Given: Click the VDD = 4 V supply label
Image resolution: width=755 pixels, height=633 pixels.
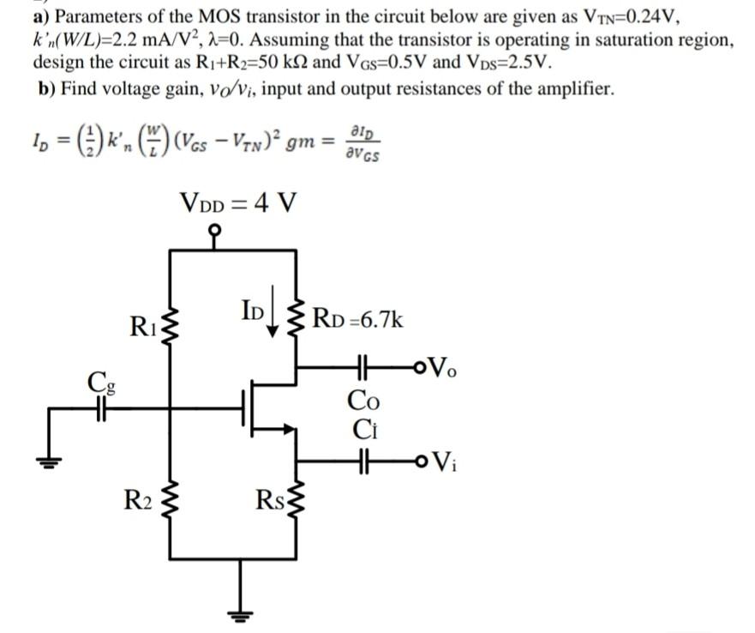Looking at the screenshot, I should tap(239, 204).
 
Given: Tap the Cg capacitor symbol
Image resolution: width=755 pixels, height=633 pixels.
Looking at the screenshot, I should tap(100, 408).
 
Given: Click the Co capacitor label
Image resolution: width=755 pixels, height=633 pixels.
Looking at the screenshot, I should tap(362, 399).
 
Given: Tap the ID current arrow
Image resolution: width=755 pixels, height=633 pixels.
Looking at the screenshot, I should tap(278, 318).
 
